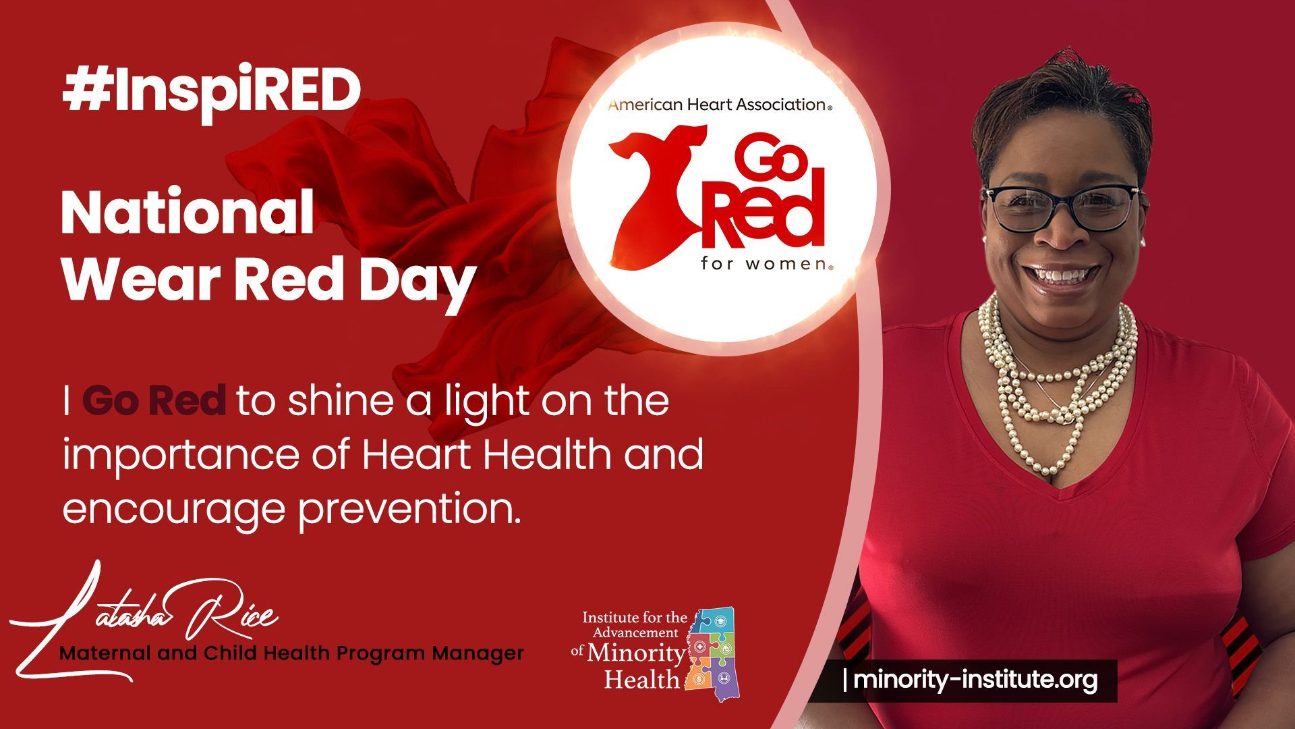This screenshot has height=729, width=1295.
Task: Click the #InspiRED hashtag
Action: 211,91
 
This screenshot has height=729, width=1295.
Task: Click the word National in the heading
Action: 187,213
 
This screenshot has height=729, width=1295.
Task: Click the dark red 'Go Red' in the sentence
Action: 154,401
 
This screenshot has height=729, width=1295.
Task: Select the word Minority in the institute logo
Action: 635,653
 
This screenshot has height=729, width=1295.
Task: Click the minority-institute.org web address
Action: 975,680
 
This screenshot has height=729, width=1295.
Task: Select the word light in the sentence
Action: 486,402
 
